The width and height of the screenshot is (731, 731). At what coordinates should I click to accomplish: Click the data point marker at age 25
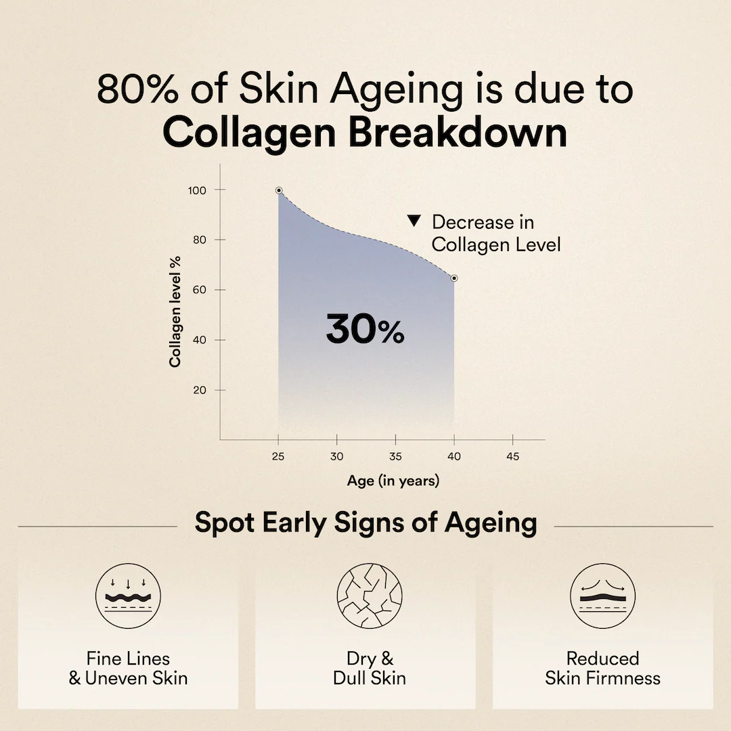click(x=279, y=190)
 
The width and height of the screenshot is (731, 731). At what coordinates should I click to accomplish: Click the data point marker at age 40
click(x=454, y=278)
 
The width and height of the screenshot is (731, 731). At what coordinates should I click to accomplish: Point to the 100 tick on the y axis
click(x=197, y=190)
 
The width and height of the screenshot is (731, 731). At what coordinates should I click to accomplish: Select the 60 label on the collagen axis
click(x=200, y=290)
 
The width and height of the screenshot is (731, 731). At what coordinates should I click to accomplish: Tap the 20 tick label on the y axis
click(x=200, y=391)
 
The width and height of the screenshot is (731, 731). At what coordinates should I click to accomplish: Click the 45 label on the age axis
click(x=513, y=456)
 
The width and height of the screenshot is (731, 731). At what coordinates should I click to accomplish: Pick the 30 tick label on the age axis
click(x=336, y=456)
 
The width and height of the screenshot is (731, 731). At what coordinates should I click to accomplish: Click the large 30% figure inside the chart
click(x=365, y=329)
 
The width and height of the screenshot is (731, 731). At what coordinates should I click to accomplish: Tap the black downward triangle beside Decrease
click(x=414, y=221)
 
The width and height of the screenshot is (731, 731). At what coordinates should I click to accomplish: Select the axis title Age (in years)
click(x=393, y=481)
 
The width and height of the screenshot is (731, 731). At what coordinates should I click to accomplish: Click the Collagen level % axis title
click(x=175, y=311)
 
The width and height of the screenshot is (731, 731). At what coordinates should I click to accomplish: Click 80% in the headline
click(x=137, y=89)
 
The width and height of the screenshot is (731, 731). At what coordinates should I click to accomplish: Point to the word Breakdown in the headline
click(x=458, y=133)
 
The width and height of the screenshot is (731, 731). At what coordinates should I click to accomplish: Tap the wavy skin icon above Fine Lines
click(x=128, y=596)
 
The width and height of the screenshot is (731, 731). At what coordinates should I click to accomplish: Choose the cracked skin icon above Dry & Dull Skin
click(x=370, y=596)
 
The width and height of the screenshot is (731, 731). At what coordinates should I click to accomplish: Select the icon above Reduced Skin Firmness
click(x=603, y=596)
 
